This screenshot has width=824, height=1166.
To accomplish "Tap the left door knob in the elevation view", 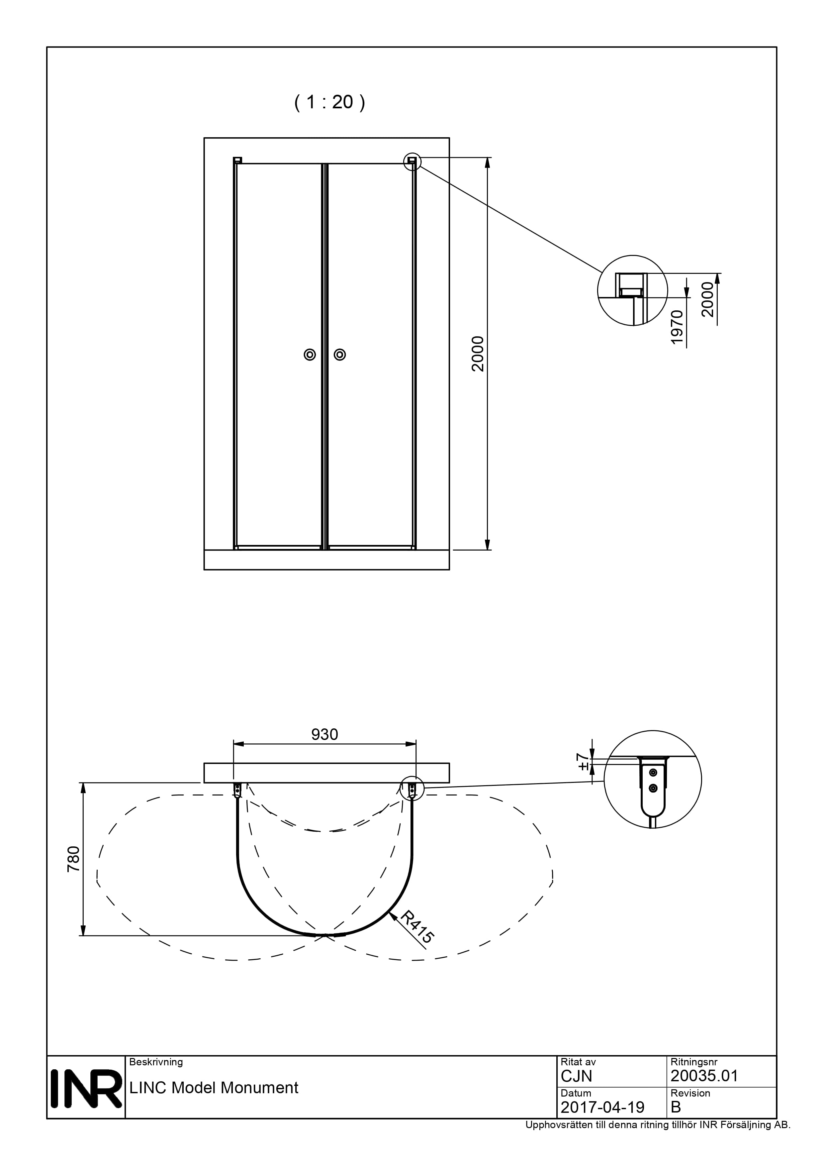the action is point(310,355).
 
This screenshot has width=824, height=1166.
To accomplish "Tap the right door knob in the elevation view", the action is point(340,355).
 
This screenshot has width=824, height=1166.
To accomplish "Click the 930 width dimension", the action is point(324,734).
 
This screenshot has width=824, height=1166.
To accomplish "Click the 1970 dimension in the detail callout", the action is point(677,328).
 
